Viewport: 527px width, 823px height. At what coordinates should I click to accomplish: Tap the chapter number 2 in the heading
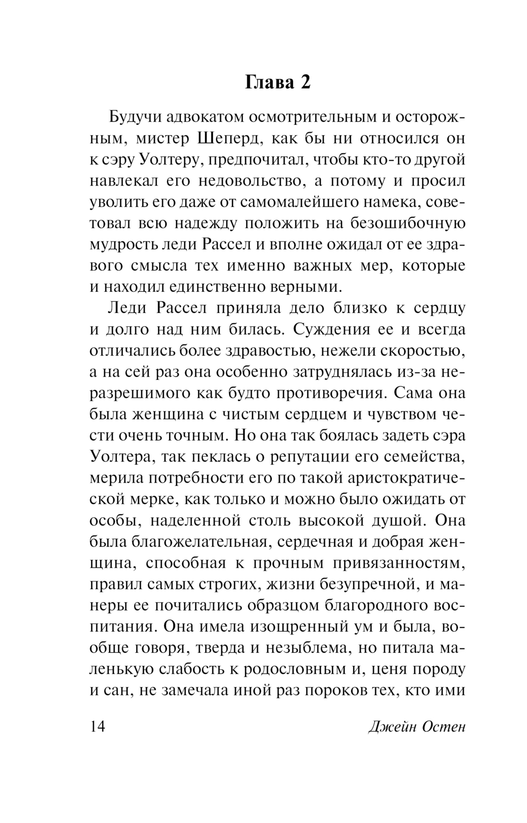coord(304,83)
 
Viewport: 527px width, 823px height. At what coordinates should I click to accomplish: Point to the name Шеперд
coord(229,139)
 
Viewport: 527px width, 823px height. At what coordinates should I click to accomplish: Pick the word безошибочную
coord(406,223)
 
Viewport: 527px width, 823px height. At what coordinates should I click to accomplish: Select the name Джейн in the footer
coord(391,728)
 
